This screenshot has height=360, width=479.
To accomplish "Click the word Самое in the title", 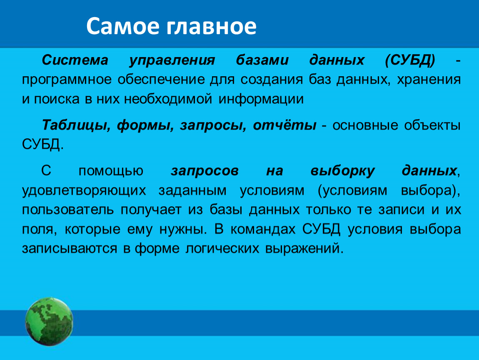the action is point(123,26).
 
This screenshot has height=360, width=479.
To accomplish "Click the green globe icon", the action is point(49,322).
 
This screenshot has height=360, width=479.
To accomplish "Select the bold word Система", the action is point(75,60).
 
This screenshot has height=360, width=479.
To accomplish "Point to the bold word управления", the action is point(172,60).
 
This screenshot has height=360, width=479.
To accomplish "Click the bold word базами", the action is point(262,60).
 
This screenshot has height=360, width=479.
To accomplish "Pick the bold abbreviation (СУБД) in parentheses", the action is point(410,60).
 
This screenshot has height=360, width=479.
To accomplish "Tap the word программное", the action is point(67,80).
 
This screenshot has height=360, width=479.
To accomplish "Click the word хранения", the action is point(429,80).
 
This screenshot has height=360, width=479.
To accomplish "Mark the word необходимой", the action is point(168,99).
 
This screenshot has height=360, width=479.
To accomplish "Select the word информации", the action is point(261,100).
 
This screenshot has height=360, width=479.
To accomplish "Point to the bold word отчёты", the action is point(284,125).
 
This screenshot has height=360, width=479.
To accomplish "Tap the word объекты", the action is point(432,125).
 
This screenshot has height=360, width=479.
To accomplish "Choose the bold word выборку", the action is point(342,171).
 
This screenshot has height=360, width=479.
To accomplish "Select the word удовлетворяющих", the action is point(84,191).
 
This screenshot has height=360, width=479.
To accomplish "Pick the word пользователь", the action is point(68,210).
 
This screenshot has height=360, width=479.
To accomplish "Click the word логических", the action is point(222,248).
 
